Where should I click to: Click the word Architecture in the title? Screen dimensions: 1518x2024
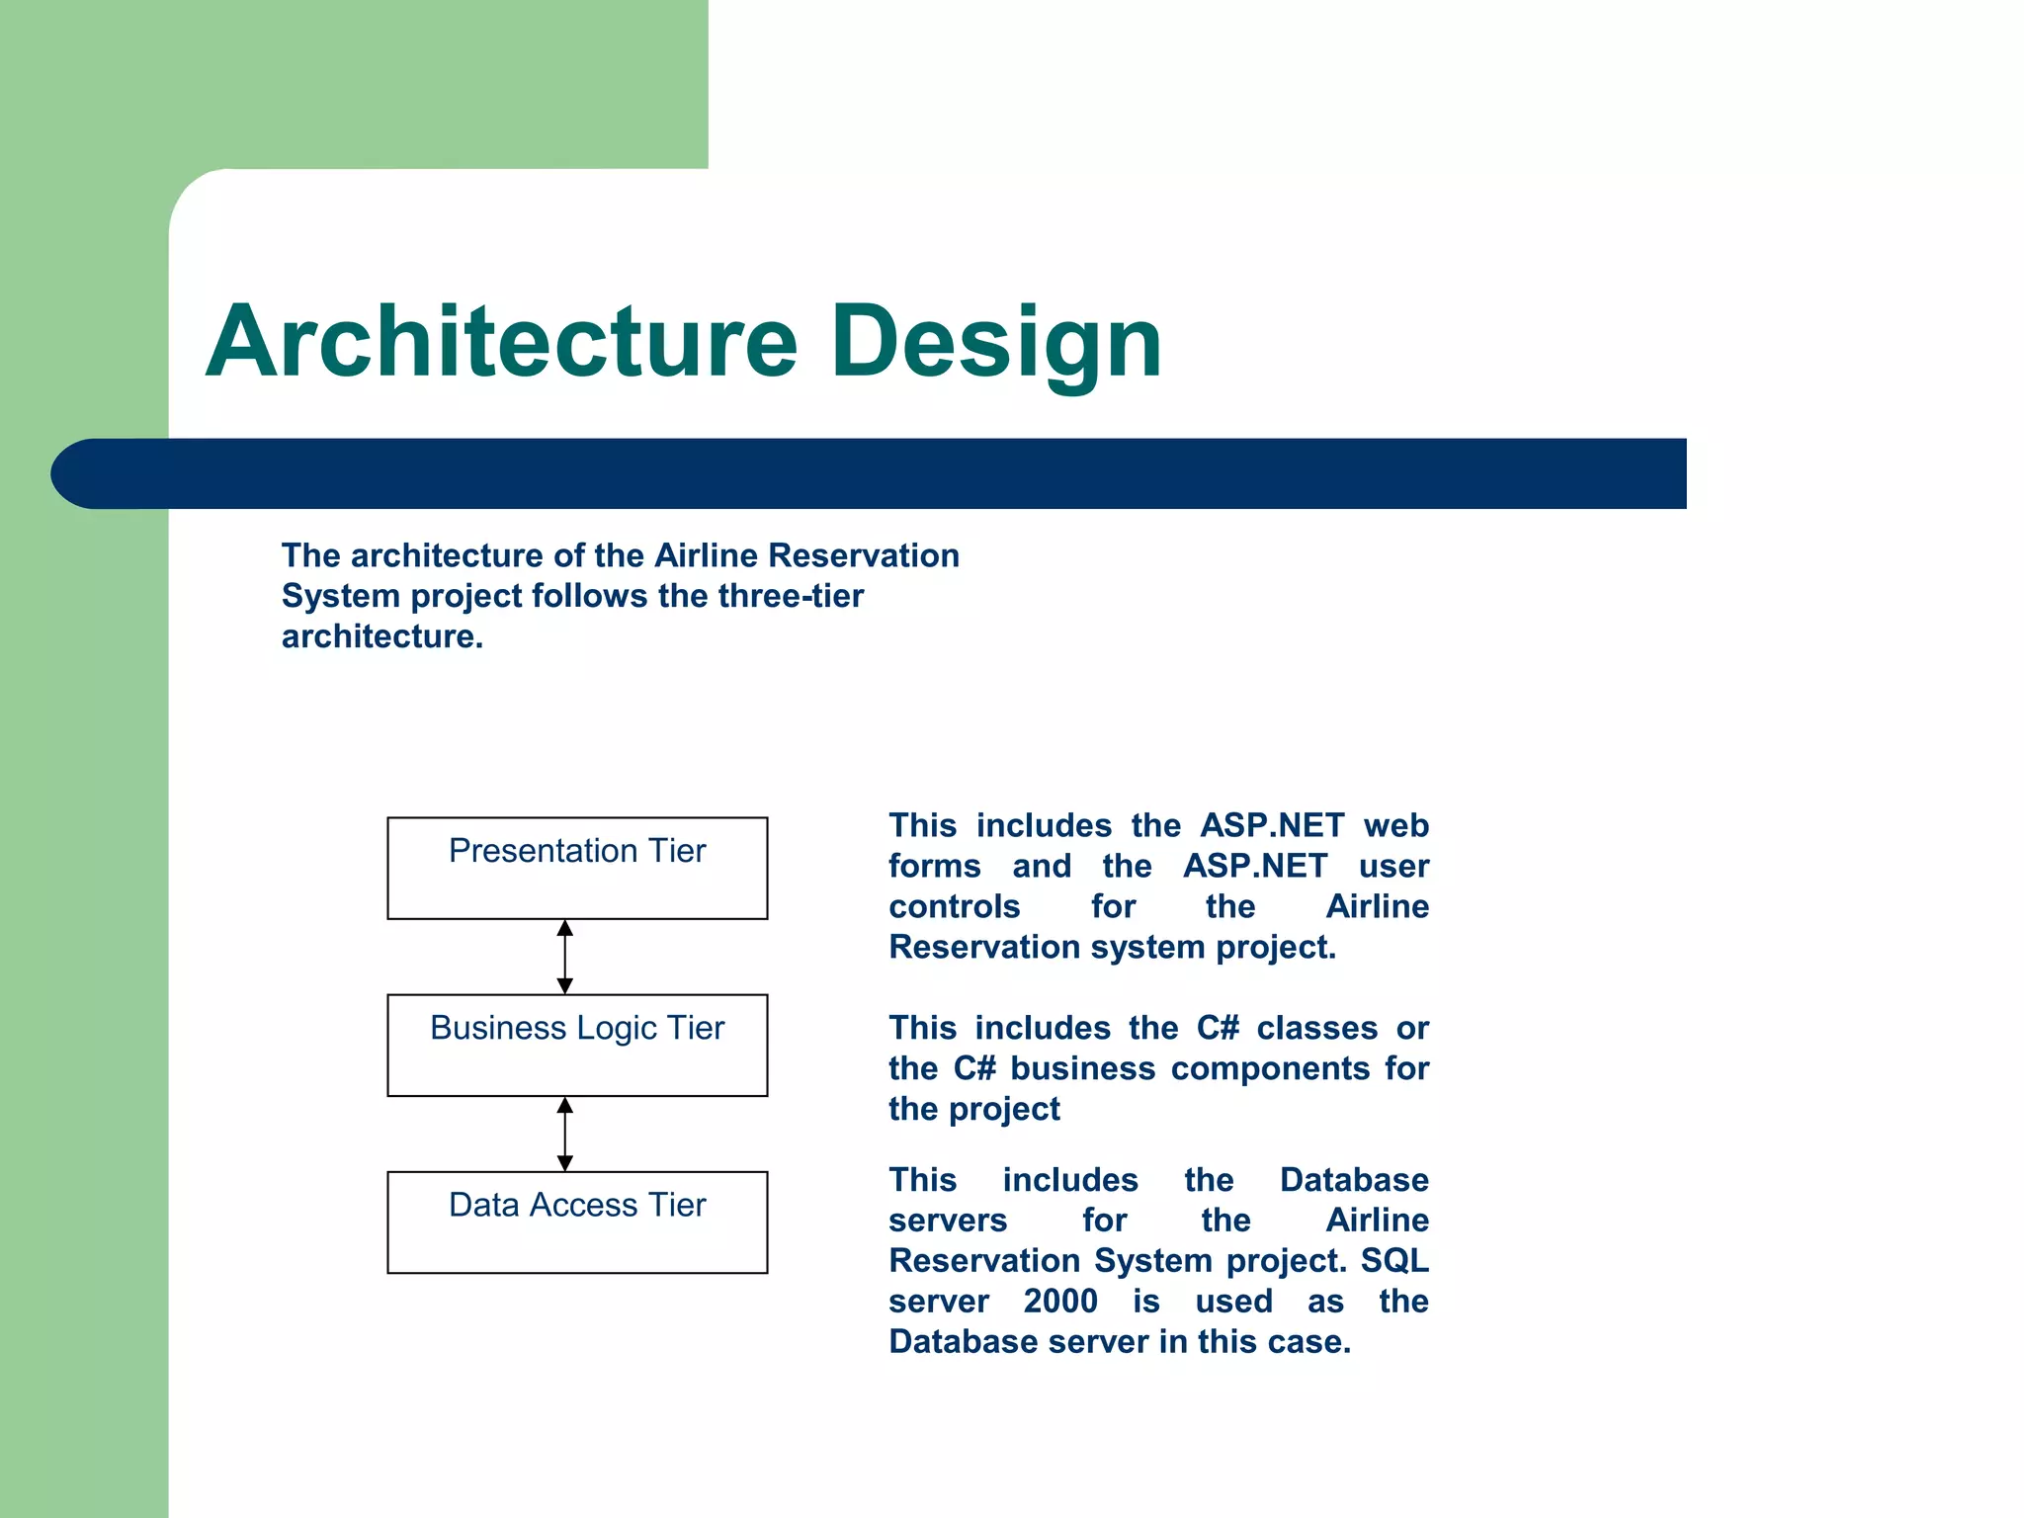(501, 342)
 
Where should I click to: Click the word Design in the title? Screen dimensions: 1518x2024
(996, 342)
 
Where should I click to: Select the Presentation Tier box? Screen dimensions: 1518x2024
(577, 869)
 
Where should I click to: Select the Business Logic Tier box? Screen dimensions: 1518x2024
(577, 1046)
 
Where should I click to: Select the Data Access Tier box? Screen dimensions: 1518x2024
(577, 1223)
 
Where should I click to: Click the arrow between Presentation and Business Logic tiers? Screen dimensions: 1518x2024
(565, 957)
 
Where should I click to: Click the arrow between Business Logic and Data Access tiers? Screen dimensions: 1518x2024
(565, 1134)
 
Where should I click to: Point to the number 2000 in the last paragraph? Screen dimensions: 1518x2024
(1059, 1301)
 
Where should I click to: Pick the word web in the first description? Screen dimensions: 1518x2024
(1395, 825)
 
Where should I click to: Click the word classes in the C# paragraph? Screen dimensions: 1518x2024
(1316, 1028)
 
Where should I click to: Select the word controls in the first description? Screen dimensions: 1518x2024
(954, 906)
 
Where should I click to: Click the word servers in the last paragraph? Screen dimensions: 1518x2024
(947, 1221)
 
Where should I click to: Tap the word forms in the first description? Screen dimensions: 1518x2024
(934, 866)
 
